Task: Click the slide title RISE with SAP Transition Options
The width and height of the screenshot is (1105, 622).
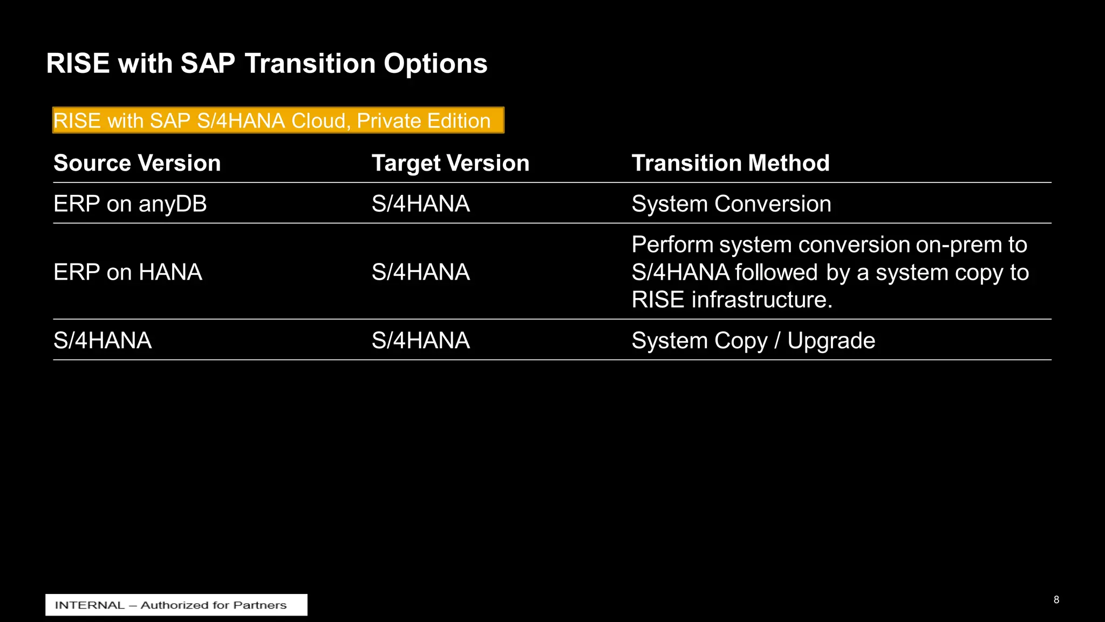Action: point(267,63)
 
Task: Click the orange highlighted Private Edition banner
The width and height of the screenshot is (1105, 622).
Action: point(278,120)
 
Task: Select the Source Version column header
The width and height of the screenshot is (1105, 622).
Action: point(137,163)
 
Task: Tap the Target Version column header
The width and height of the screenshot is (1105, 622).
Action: point(451,163)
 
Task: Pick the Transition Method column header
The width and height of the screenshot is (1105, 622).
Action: point(731,163)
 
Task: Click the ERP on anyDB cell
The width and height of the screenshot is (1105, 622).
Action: point(130,204)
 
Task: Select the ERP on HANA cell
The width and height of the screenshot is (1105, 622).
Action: point(128,272)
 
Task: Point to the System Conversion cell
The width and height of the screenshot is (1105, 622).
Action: point(731,204)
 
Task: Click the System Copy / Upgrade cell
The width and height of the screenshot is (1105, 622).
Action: point(753,341)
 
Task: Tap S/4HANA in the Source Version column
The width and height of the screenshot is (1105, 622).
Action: point(103,341)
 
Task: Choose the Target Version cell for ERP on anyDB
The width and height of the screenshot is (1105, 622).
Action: point(420,204)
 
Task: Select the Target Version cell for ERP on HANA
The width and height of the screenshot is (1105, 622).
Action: point(420,272)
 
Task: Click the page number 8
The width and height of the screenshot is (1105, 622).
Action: point(1056,600)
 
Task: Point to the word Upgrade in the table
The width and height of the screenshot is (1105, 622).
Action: point(831,341)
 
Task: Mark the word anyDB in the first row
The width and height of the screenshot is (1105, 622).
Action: point(173,204)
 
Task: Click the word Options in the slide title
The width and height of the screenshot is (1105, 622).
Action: point(435,63)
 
